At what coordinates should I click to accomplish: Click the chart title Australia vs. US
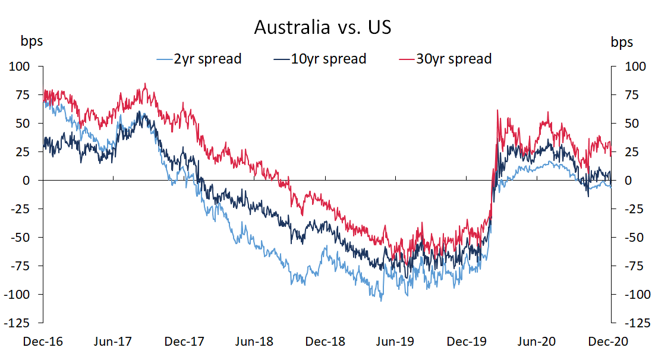tap(323, 27)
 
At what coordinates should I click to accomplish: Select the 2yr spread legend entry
tap(199, 59)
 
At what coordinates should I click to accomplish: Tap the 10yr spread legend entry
tap(320, 59)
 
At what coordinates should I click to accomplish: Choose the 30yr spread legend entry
tap(445, 59)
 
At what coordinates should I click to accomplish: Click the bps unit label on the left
tap(32, 42)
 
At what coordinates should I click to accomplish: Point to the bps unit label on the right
tap(622, 42)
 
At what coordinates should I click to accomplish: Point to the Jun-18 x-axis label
tap(254, 342)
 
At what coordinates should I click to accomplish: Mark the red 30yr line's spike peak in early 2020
tap(497, 110)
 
